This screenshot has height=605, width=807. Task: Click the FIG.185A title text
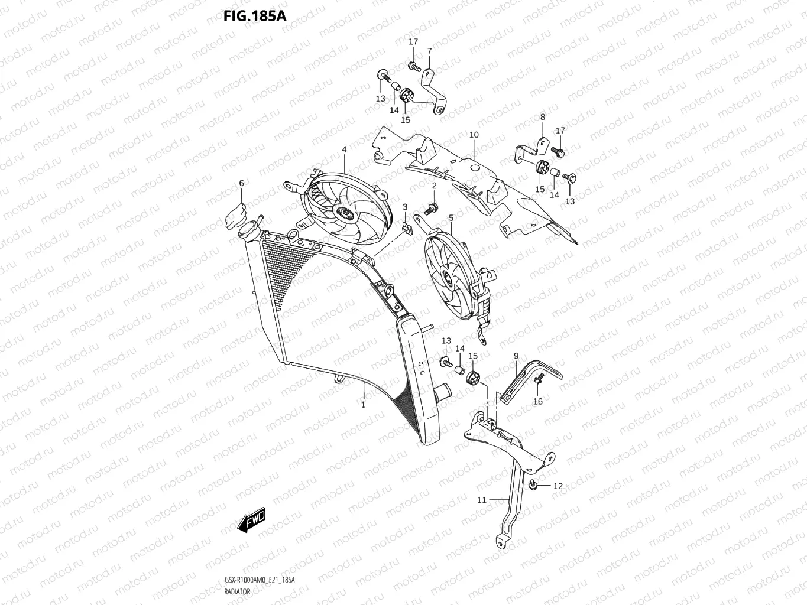(x=254, y=15)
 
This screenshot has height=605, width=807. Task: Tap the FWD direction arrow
(x=251, y=521)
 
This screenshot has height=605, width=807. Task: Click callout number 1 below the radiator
(x=363, y=405)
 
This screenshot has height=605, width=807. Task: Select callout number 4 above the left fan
(x=344, y=150)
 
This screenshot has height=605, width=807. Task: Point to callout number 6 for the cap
(x=241, y=184)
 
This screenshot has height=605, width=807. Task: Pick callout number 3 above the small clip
(x=405, y=206)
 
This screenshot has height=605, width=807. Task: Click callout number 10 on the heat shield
(x=474, y=135)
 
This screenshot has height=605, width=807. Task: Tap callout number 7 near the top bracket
(x=429, y=51)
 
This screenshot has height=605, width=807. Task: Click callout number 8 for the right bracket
(x=542, y=118)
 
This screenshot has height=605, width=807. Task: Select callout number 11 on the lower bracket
(x=482, y=500)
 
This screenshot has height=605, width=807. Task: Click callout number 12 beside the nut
(x=558, y=486)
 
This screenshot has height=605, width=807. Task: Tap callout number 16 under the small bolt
(x=537, y=402)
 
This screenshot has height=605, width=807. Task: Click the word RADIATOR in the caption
(x=236, y=591)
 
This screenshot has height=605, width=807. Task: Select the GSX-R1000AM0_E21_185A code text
(x=260, y=580)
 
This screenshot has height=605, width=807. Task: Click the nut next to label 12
(x=533, y=485)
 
